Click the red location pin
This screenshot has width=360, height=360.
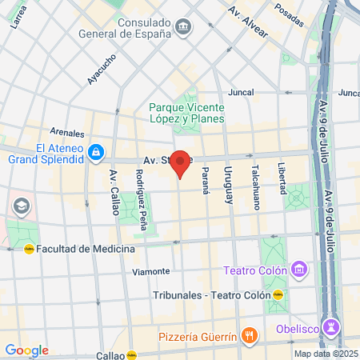(181, 162)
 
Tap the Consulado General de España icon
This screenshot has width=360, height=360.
(184, 29)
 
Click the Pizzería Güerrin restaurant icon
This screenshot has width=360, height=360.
(250, 335)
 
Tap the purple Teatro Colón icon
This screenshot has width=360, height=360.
(299, 270)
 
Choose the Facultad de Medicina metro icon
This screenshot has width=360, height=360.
(30, 249)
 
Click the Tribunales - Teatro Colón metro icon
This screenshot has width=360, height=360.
(278, 295)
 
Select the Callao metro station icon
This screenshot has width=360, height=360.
(131, 354)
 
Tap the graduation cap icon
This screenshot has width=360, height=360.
(20, 207)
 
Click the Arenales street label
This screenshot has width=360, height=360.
(66, 132)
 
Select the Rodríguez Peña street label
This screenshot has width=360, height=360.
(141, 200)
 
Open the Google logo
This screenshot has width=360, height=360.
(26, 350)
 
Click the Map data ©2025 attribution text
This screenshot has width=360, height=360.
(324, 354)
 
